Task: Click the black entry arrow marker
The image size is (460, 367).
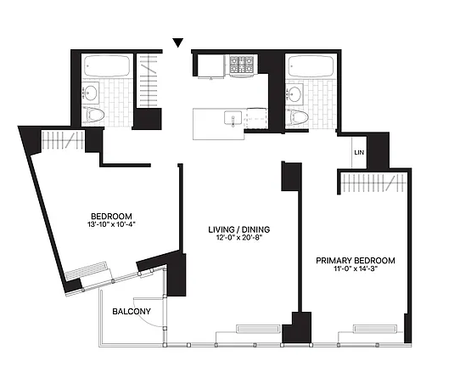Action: tap(177, 42)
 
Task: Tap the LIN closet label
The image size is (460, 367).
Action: tap(359, 152)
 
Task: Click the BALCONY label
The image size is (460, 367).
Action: tap(132, 311)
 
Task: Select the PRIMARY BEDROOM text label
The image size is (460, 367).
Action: tap(356, 261)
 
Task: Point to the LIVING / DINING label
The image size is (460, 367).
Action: tap(239, 229)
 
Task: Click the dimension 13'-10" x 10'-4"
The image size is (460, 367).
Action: tap(111, 224)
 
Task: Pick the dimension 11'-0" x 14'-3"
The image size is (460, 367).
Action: tap(356, 268)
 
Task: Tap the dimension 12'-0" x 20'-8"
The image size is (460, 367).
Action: tap(239, 238)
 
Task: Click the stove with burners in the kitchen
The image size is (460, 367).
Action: tap(241, 65)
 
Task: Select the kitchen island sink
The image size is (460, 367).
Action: tap(233, 118)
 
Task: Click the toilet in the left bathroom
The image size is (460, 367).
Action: tap(93, 115)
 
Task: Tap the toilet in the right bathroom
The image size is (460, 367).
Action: tap(298, 116)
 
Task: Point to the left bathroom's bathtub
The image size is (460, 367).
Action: tap(107, 65)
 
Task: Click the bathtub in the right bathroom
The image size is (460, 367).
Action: tap(311, 66)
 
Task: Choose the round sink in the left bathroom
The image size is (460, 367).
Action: tap(90, 93)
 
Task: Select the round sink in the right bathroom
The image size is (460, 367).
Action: tap(295, 94)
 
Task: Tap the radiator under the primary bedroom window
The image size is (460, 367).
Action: tap(375, 329)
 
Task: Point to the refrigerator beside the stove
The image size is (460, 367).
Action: tap(211, 65)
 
